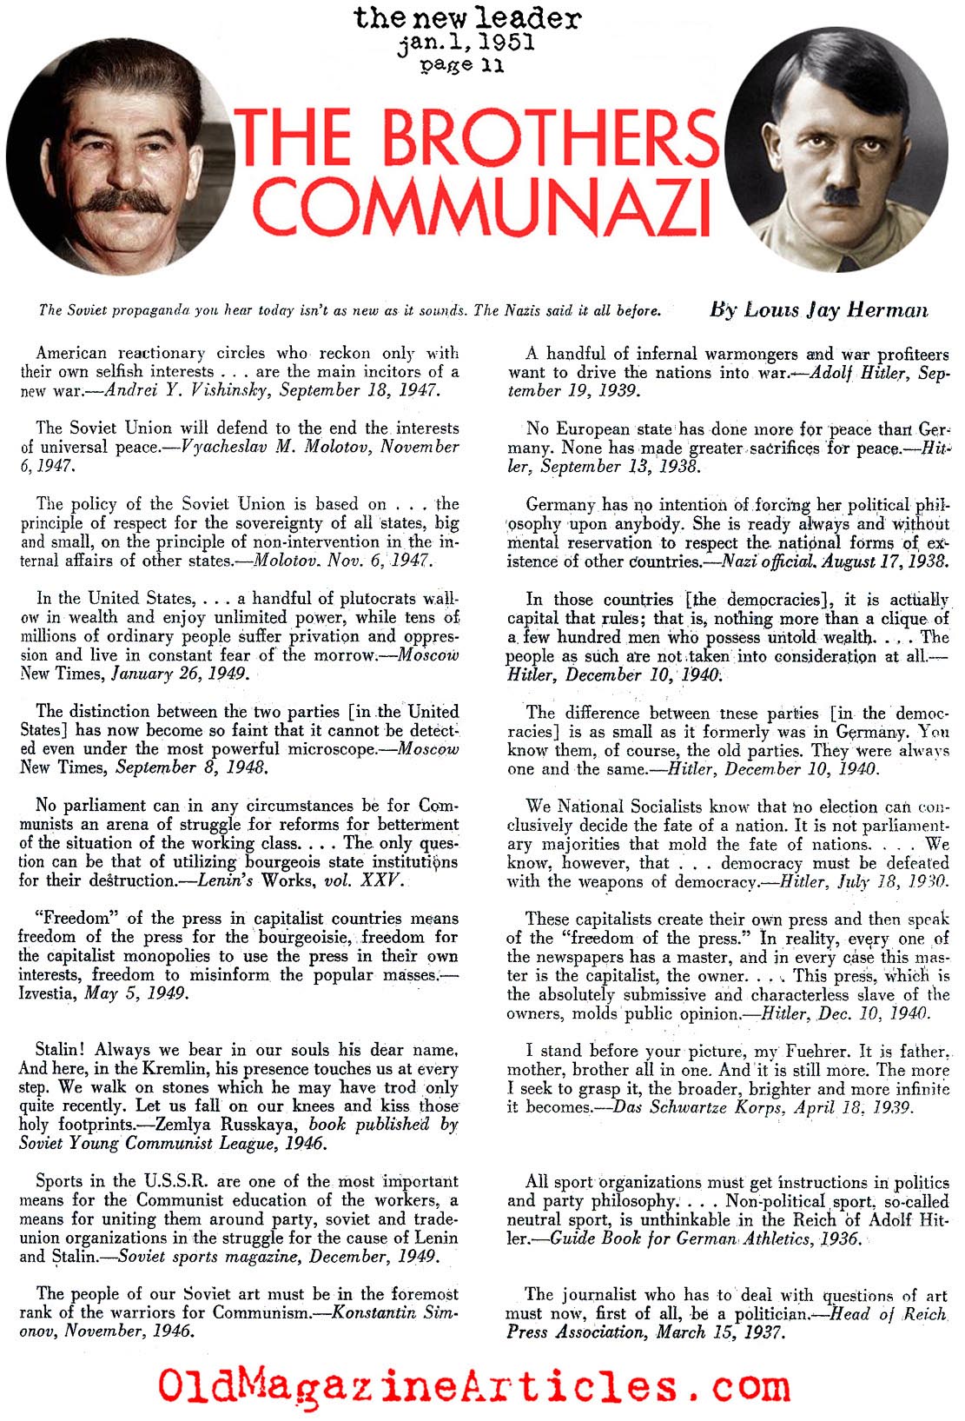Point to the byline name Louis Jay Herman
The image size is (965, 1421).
(x=818, y=309)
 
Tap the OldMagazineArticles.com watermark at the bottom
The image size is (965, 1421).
(x=473, y=1384)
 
